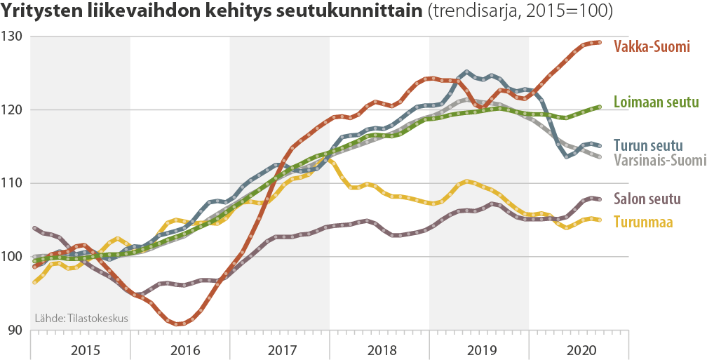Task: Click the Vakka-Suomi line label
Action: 652,47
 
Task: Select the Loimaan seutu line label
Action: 656,102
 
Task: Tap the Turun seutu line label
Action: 648,145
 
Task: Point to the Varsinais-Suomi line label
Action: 659,161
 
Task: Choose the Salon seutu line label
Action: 647,199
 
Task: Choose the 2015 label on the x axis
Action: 81,349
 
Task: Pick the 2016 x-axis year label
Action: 181,349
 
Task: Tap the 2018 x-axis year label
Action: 379,349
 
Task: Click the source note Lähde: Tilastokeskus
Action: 81,319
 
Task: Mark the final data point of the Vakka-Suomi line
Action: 599,42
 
